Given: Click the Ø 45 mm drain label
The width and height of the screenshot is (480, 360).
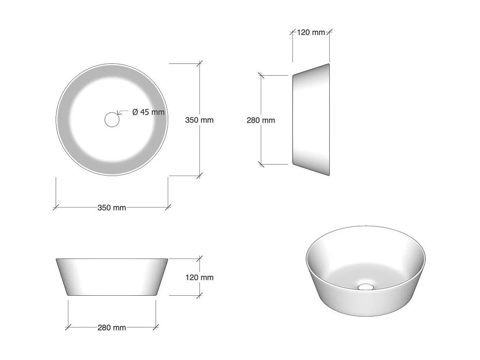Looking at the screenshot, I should pyautogui.click(x=149, y=112).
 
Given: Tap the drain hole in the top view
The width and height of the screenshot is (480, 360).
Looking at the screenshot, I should pyautogui.click(x=112, y=120).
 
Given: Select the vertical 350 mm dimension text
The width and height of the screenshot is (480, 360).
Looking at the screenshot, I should pyautogui.click(x=199, y=120).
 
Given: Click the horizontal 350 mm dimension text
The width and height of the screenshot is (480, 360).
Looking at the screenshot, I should pyautogui.click(x=112, y=207).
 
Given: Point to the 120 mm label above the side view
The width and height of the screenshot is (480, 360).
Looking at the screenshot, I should pyautogui.click(x=311, y=32).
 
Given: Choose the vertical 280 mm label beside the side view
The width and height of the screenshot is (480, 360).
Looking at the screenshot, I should pyautogui.click(x=261, y=120).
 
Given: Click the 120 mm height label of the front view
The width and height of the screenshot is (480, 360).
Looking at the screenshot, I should pyautogui.click(x=199, y=277).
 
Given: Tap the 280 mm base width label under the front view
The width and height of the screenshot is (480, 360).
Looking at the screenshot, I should pyautogui.click(x=112, y=327).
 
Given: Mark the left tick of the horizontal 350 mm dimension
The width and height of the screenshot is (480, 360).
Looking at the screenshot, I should pyautogui.click(x=56, y=207).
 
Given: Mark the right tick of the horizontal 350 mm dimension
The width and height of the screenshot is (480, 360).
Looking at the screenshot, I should pyautogui.click(x=168, y=207).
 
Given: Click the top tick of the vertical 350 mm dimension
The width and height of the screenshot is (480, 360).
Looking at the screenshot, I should pyautogui.click(x=199, y=63).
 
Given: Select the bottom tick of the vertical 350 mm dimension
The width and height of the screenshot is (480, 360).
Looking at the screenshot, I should pyautogui.click(x=199, y=176).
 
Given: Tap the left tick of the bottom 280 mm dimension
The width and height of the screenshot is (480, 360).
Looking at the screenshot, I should pyautogui.click(x=68, y=327).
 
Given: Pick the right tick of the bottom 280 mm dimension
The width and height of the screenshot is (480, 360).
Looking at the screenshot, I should pyautogui.click(x=156, y=327).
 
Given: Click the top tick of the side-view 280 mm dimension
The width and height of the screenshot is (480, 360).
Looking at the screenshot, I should pyautogui.click(x=261, y=75).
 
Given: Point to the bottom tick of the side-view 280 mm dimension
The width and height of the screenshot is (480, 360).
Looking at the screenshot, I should pyautogui.click(x=261, y=164).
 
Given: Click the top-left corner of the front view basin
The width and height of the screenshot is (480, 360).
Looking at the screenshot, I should pyautogui.click(x=56, y=259).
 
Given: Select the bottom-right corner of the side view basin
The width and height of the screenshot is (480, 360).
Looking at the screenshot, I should pyautogui.click(x=329, y=175).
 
